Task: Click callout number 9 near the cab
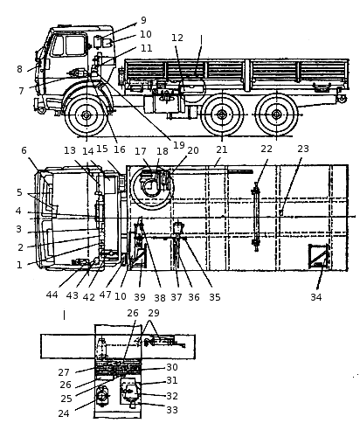click(x=143, y=20)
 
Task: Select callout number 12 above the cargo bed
click(x=177, y=38)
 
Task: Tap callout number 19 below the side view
click(x=179, y=145)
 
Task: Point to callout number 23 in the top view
click(x=303, y=149)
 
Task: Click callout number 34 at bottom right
click(x=316, y=297)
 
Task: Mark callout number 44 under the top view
click(x=52, y=295)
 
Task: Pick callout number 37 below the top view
click(x=177, y=297)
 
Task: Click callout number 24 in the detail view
click(x=64, y=413)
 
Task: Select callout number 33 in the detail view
click(x=172, y=410)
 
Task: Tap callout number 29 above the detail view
click(x=154, y=313)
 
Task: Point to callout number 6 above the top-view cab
click(x=24, y=150)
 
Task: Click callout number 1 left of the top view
click(x=19, y=265)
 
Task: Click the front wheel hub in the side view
click(x=86, y=115)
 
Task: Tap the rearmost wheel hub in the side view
click(x=276, y=114)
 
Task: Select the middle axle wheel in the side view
click(x=222, y=114)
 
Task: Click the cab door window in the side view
click(x=76, y=45)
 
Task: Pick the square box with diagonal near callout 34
click(x=319, y=256)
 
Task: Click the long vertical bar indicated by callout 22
click(x=256, y=217)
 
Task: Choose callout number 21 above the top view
click(x=221, y=149)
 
